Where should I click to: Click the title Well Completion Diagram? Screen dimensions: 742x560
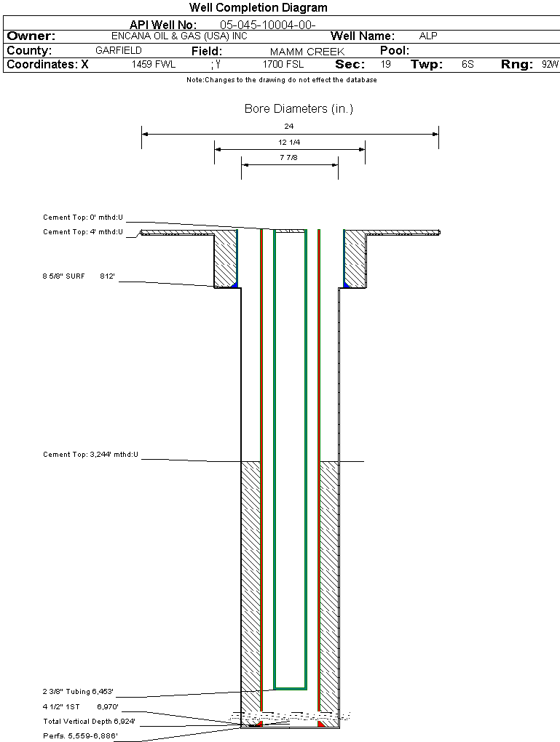click(x=258, y=8)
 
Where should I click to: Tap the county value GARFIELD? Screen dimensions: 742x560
click(x=119, y=51)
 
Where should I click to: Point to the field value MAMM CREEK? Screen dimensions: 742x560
click(x=307, y=52)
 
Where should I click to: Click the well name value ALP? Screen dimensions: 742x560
click(x=428, y=36)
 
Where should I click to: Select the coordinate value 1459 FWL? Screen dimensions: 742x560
click(x=154, y=65)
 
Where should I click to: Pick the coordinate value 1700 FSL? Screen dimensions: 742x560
click(x=283, y=65)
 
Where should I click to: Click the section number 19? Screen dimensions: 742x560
click(x=386, y=65)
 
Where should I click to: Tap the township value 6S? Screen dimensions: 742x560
click(x=468, y=65)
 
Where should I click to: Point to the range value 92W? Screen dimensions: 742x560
click(x=550, y=65)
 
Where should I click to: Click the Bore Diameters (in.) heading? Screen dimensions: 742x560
click(x=299, y=109)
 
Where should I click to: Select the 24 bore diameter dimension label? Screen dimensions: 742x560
click(x=289, y=127)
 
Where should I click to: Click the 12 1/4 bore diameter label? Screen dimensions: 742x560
click(x=289, y=142)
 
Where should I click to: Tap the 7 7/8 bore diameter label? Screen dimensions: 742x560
click(x=289, y=157)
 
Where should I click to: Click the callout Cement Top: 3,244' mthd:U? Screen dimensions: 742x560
click(x=90, y=455)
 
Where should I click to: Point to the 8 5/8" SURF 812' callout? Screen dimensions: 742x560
click(x=79, y=276)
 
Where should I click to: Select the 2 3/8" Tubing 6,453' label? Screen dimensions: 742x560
click(x=78, y=692)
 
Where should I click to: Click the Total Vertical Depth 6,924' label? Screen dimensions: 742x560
click(x=89, y=722)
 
